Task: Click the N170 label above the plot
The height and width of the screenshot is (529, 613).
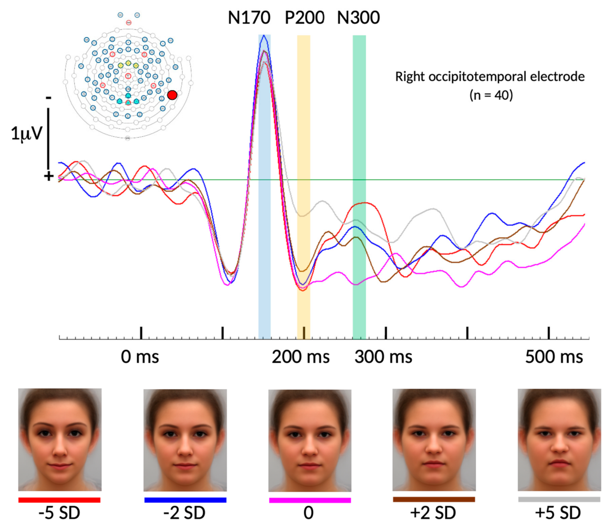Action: (249, 18)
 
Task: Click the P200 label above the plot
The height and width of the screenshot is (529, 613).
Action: (304, 18)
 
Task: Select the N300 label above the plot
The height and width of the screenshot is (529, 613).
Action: (358, 18)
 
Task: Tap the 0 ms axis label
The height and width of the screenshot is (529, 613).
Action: (140, 357)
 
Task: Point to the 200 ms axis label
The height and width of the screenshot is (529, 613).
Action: (301, 357)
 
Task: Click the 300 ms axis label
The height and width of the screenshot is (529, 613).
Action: (383, 357)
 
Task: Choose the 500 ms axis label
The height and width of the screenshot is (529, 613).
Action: (554, 357)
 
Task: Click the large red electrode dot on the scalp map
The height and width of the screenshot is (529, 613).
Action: (172, 95)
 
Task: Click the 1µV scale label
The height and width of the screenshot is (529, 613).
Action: (26, 134)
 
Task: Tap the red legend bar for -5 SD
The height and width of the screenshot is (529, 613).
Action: (60, 500)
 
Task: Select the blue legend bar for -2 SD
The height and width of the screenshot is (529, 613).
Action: (185, 500)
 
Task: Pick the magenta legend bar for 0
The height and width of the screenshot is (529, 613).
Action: (310, 500)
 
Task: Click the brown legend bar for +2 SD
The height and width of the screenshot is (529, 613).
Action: (434, 500)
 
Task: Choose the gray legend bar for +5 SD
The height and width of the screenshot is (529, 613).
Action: (559, 500)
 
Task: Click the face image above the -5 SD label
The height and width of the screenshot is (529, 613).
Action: (60, 439)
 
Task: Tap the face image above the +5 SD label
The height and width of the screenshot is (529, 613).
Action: (559, 439)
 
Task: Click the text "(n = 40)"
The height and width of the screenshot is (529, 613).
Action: (491, 95)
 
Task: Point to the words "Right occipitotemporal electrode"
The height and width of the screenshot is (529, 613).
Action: (490, 77)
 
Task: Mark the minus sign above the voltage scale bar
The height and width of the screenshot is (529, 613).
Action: (49, 98)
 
